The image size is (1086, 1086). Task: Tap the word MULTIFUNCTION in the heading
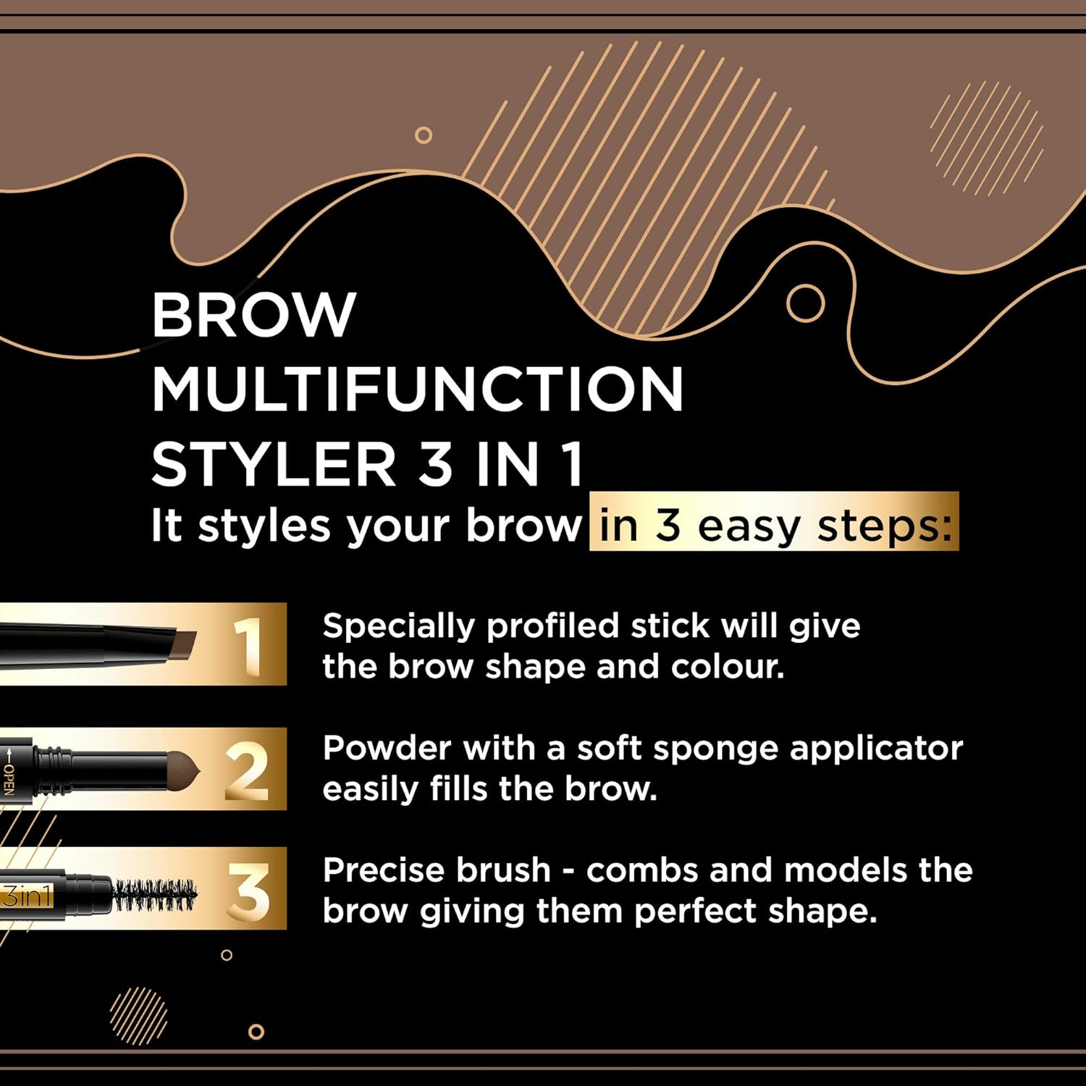tap(417, 390)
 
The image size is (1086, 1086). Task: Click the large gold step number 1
tap(248, 644)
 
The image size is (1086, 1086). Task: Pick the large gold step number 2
tap(246, 770)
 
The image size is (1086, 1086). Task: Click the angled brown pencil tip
tap(185, 644)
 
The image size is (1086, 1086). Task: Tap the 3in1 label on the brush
tap(27, 896)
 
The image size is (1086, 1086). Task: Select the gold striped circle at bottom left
tap(138, 1015)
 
